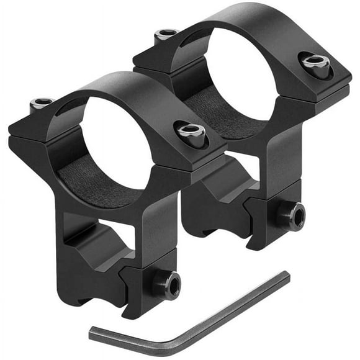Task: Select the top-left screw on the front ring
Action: coord(42,103)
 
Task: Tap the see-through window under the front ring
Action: coord(102,239)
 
